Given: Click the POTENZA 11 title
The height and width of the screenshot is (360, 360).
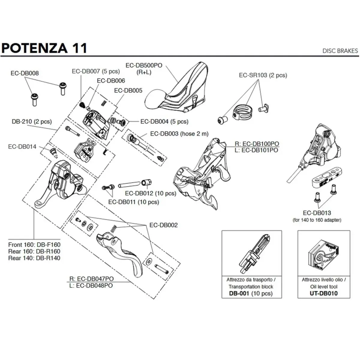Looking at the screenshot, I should click(x=44, y=48).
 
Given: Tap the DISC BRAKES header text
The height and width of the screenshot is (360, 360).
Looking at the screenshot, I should click(x=340, y=51).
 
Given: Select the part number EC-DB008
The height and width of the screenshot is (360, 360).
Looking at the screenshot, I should click(x=25, y=73).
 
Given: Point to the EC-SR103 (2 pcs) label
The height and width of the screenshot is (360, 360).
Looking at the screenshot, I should click(x=263, y=75).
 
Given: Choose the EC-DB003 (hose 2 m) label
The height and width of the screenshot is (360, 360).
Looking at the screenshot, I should click(x=179, y=134).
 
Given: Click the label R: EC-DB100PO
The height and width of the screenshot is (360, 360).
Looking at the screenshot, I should click(x=256, y=144).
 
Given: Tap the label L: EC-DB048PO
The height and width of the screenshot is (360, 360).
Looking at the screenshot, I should click(x=91, y=286).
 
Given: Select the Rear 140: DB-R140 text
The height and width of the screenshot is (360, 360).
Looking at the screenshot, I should click(x=34, y=258).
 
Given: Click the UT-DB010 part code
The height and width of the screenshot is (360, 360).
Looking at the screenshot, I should click(x=323, y=293).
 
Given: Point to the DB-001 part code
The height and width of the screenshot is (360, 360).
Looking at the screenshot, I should click(x=239, y=293).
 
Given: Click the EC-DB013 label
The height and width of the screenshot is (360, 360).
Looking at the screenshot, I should click(x=317, y=213).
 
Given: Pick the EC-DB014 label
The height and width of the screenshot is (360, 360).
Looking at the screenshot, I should click(x=22, y=147).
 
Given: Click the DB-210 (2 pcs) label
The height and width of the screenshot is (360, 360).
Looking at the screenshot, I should click(x=31, y=121).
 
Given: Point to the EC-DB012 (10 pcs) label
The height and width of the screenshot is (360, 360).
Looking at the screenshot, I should click(x=151, y=193).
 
